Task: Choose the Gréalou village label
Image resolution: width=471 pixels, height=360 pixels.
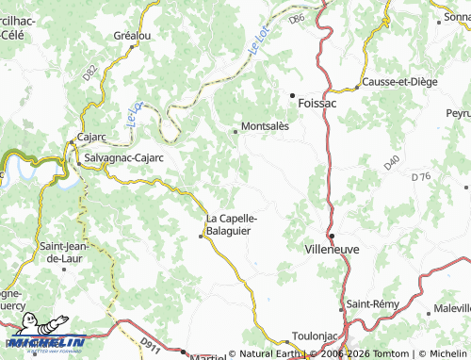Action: [x=132, y=36]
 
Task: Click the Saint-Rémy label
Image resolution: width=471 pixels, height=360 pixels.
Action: [x=372, y=303]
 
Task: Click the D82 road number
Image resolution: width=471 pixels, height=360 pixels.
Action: [x=89, y=71]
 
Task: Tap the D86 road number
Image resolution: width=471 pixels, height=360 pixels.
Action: [x=298, y=19]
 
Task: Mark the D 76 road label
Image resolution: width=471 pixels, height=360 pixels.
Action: [x=421, y=176]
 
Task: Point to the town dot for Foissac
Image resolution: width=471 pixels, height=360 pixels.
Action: [x=292, y=95]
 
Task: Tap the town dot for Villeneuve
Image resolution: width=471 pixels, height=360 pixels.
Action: [x=333, y=236]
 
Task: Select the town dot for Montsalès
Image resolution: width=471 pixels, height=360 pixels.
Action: [x=235, y=131]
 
